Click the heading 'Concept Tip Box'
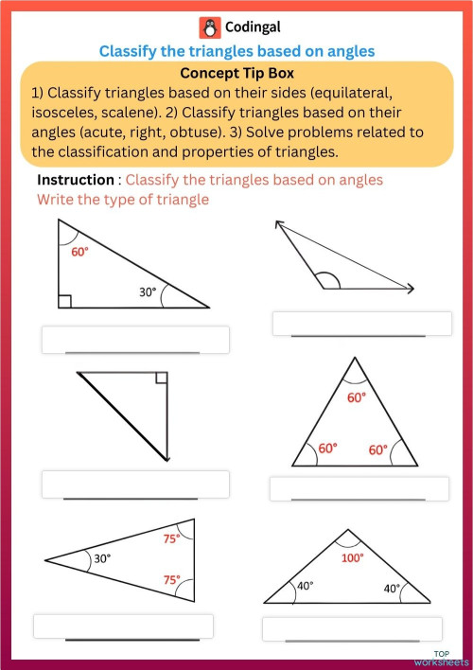[x=236, y=73]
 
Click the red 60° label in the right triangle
[x=79, y=252]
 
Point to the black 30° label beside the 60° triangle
[x=148, y=292]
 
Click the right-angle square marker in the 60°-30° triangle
[x=64, y=301]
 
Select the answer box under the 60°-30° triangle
[x=135, y=339]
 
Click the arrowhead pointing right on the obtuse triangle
[x=410, y=289]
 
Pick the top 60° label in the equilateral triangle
[x=356, y=398]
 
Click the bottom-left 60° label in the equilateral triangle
[x=327, y=449]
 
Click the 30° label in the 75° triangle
[x=102, y=559]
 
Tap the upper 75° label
[x=171, y=538]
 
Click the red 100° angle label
[x=352, y=558]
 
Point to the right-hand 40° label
[x=392, y=588]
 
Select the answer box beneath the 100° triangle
[x=352, y=628]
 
